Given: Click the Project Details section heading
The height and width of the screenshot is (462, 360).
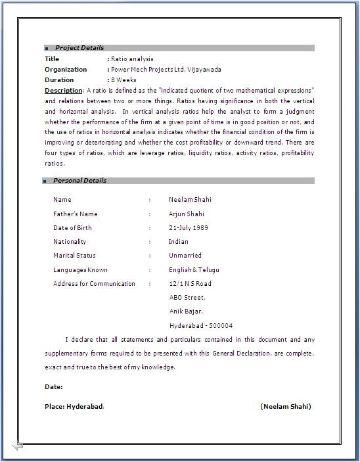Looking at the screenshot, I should pyautogui.click(x=79, y=48).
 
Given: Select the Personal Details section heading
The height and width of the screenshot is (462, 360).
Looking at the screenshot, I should pyautogui.click(x=79, y=181).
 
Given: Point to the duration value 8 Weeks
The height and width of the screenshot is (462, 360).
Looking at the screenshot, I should pyautogui.click(x=124, y=80).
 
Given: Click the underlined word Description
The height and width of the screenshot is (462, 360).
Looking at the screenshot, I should pyautogui.click(x=63, y=90).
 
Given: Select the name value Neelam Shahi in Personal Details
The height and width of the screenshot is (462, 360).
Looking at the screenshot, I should pyautogui.click(x=190, y=200).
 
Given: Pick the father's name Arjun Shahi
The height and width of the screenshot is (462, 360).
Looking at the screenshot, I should pyautogui.click(x=186, y=214).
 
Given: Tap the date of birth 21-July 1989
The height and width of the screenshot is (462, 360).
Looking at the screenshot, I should pyautogui.click(x=189, y=228).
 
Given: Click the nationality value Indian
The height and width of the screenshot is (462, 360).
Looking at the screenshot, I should pyautogui.click(x=178, y=242).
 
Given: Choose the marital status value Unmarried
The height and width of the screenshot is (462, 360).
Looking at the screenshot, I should pyautogui.click(x=185, y=256).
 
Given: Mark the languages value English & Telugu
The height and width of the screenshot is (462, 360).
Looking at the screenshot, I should pyautogui.click(x=194, y=270).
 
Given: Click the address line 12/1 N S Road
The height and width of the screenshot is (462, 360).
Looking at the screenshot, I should pyautogui.click(x=190, y=284).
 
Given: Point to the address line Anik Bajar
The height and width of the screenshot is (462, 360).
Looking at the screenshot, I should pyautogui.click(x=186, y=312).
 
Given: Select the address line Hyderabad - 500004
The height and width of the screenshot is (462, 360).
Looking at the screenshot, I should pyautogui.click(x=200, y=326).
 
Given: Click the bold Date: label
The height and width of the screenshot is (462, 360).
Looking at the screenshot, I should pyautogui.click(x=54, y=387).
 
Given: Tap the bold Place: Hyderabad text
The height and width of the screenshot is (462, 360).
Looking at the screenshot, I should pyautogui.click(x=74, y=407).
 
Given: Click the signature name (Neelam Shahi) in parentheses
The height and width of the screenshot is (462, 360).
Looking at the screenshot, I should pyautogui.click(x=286, y=407).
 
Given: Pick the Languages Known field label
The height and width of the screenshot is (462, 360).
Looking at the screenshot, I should pyautogui.click(x=80, y=270).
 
